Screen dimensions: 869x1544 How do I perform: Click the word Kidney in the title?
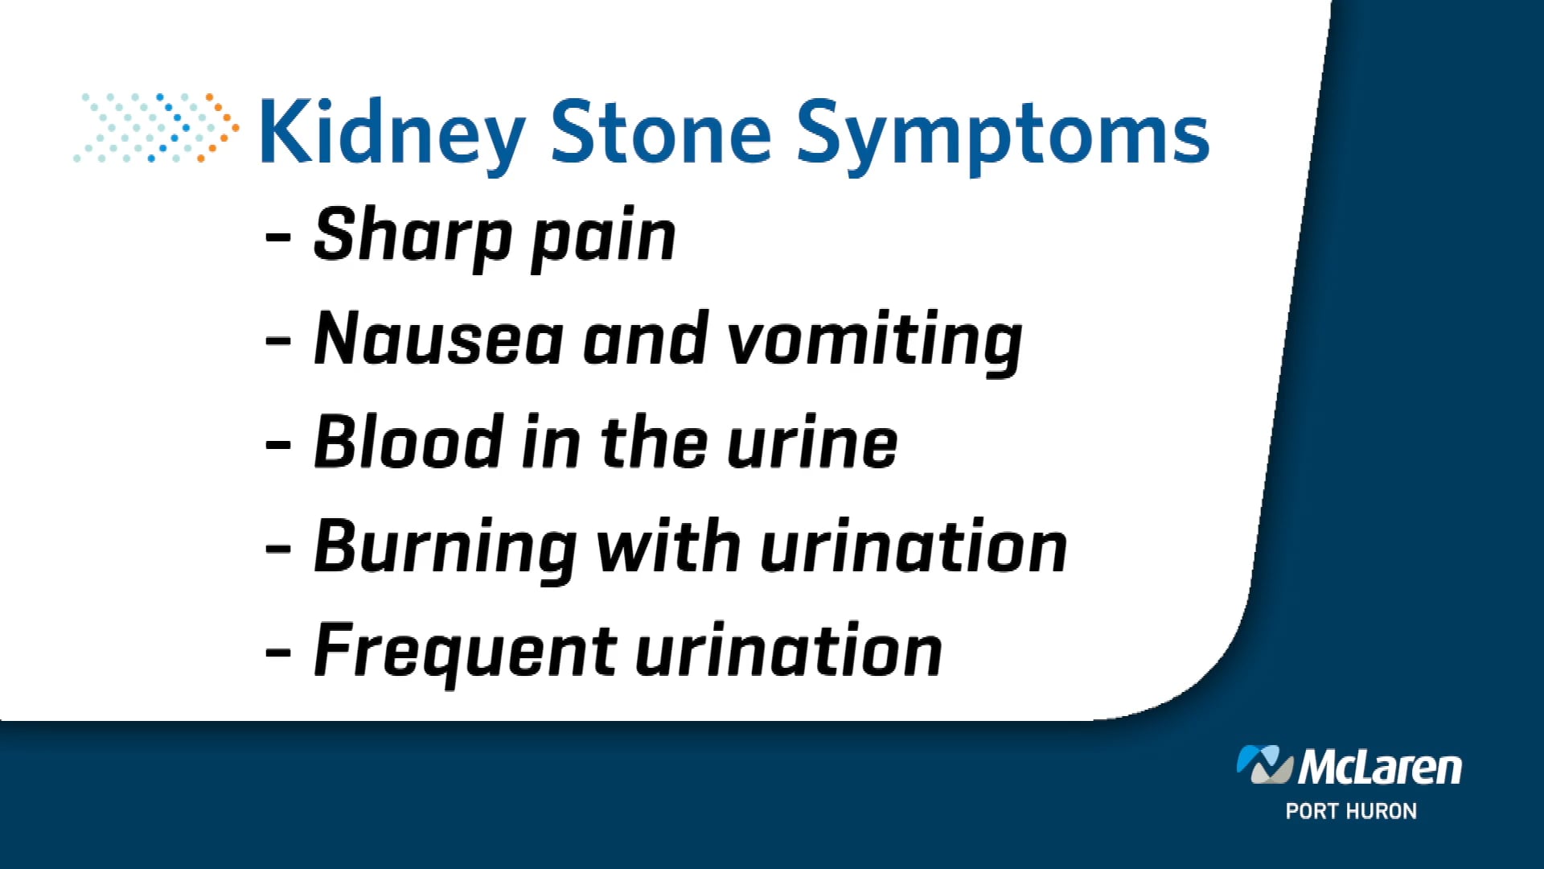click(x=392, y=133)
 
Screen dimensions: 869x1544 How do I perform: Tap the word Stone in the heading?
click(x=660, y=133)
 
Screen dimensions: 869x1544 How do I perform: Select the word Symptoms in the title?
click(x=1002, y=133)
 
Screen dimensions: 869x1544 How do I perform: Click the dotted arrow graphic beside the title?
click(x=157, y=128)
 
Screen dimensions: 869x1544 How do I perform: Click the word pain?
click(x=604, y=237)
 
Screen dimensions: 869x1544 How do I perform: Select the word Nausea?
click(x=438, y=339)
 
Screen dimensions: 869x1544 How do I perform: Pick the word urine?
click(x=812, y=443)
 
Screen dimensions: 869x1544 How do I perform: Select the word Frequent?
click(x=465, y=652)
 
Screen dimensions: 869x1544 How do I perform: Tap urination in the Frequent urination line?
click(x=788, y=651)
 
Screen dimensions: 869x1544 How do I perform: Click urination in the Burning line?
click(x=914, y=547)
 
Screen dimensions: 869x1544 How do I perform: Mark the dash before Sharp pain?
click(x=278, y=237)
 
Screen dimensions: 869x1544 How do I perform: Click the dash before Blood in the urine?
click(x=278, y=443)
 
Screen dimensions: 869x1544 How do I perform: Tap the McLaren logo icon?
click(x=1264, y=764)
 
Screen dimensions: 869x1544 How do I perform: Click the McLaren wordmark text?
click(x=1380, y=767)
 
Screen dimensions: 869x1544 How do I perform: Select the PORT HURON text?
click(x=1351, y=811)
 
